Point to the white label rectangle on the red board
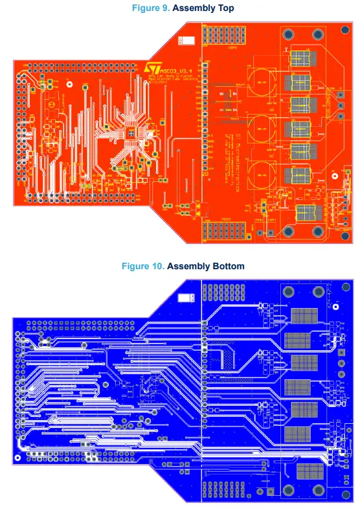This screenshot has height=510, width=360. point(186,41)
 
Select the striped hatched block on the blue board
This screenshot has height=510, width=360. point(225,359)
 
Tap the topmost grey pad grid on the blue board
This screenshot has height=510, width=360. point(305,316)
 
